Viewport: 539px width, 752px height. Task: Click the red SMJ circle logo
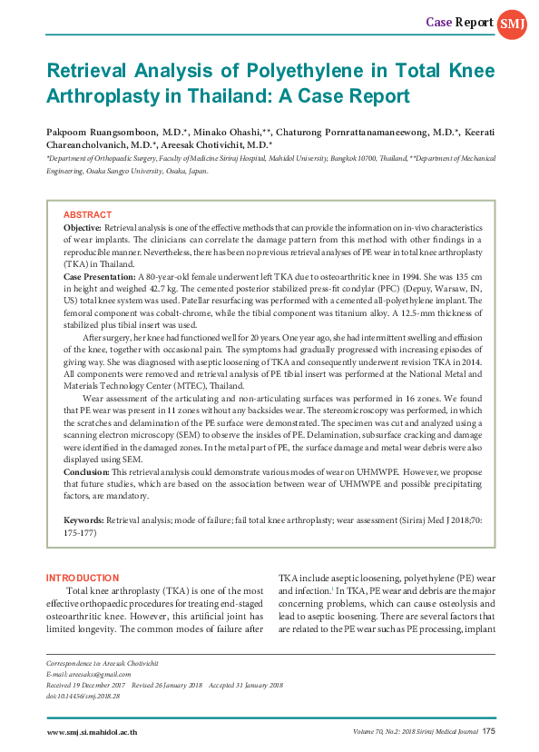508,21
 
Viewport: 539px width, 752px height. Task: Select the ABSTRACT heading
87,214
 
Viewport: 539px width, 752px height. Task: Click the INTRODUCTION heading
83,577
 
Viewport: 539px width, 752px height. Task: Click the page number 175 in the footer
488,730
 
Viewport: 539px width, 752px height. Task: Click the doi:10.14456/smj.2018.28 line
83,695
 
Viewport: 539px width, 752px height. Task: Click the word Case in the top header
439,21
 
